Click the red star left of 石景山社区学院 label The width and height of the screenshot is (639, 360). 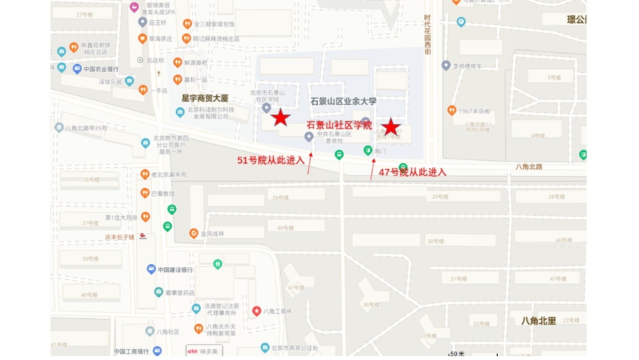280,118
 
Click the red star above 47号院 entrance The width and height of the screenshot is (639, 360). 390,127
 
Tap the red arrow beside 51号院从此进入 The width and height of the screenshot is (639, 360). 310,164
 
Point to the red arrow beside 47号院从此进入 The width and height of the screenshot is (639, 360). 373,170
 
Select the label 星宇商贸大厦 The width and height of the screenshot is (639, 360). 204,98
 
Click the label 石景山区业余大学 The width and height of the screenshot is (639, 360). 343,101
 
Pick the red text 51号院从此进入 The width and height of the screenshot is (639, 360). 270,160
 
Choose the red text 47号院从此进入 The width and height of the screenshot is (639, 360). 412,172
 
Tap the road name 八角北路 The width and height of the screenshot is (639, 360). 529,166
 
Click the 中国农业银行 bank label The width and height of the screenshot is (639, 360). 100,69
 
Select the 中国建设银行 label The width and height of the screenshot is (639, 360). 175,270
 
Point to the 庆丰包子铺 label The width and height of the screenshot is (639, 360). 119,237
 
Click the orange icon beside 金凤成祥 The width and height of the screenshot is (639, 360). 194,233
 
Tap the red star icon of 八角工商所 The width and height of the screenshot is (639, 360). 256,311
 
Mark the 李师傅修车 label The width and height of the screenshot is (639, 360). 472,66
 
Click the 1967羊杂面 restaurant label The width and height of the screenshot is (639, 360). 474,111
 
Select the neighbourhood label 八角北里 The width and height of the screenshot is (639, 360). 538,320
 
